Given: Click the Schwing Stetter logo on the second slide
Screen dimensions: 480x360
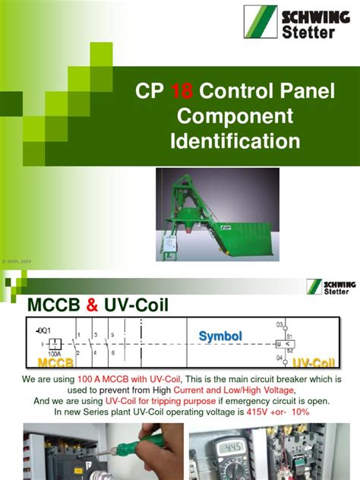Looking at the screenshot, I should pos(327,286).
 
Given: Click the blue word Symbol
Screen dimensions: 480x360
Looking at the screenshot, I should pos(221,336).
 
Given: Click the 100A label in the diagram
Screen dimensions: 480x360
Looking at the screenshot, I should pos(52,353).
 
